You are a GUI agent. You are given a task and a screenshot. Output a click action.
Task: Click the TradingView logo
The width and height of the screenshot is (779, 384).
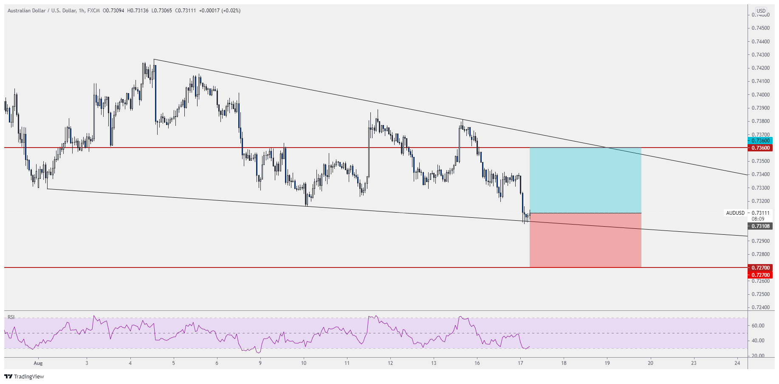click(24, 376)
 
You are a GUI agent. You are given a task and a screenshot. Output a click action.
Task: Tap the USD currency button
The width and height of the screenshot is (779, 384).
click(761, 11)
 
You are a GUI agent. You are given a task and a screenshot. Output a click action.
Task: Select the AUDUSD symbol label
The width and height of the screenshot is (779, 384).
click(735, 213)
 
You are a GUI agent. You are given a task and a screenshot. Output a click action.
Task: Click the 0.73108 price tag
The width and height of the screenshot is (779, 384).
click(760, 226)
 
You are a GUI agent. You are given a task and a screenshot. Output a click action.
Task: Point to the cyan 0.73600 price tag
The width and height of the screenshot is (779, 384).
click(760, 141)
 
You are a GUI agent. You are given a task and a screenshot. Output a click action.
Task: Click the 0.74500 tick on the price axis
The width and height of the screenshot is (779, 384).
click(760, 28)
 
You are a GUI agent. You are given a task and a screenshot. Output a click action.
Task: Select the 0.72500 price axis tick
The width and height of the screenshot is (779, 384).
click(760, 294)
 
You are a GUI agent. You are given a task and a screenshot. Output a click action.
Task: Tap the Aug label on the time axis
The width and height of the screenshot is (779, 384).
click(38, 363)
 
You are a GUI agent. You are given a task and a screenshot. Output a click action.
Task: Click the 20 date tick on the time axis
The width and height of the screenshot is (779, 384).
click(650, 363)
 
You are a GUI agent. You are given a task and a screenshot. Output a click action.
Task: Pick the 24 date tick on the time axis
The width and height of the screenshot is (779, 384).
click(737, 363)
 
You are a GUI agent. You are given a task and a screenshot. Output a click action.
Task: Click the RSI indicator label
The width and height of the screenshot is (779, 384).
click(11, 317)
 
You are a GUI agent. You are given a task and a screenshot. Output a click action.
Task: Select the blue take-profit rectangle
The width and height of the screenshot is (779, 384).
click(585, 180)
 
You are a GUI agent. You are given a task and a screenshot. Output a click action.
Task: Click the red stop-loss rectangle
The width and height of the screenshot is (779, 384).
click(585, 240)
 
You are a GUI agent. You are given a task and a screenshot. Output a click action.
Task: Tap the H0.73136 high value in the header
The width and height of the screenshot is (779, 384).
click(138, 11)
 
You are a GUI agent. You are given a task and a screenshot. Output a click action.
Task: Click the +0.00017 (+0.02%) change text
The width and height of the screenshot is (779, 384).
click(222, 11)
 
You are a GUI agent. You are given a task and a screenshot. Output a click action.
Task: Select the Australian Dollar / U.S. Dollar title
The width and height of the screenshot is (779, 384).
click(42, 11)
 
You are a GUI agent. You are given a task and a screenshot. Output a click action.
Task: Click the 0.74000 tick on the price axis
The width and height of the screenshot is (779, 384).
click(760, 95)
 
